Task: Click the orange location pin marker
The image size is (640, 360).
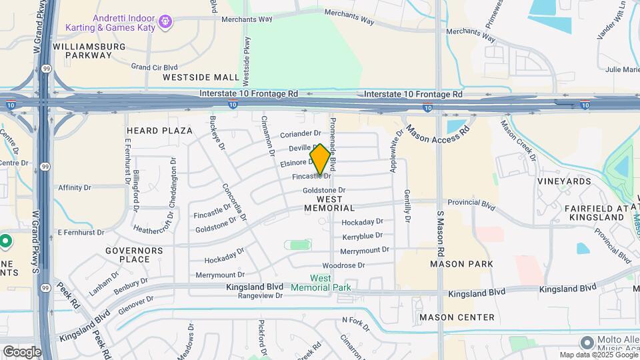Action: [320, 159]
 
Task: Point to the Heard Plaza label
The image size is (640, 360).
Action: [159, 131]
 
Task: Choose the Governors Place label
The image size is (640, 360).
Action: [134, 255]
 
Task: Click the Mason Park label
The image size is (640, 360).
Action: [461, 264]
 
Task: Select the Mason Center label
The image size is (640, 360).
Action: [457, 317]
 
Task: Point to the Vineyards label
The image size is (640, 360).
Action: [564, 181]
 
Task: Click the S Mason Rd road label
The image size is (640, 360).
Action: [441, 235]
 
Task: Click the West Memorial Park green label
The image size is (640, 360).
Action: [321, 283]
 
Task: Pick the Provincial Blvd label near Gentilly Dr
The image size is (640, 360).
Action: [471, 203]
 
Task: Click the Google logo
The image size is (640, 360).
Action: [22, 351]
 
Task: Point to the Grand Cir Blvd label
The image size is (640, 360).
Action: [154, 67]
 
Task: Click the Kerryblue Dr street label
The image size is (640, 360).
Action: [362, 236]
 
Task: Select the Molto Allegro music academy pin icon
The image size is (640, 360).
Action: [587, 342]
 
